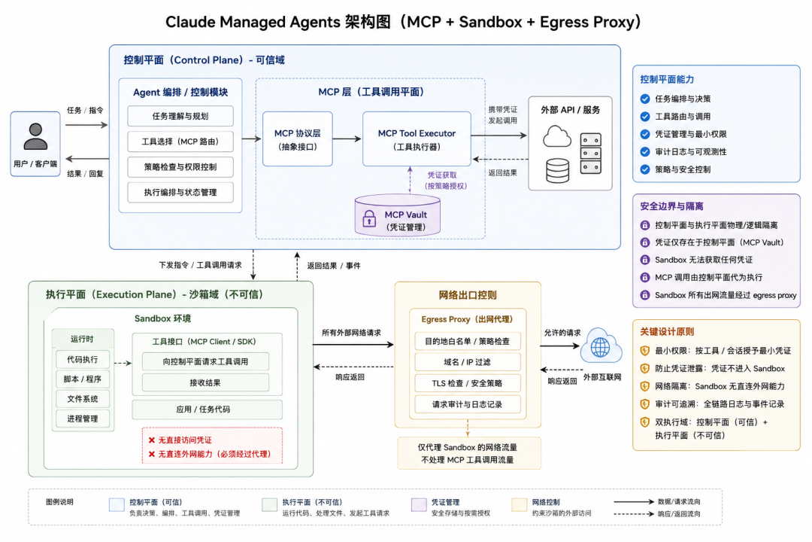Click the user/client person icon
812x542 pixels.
pyautogui.click(x=35, y=136)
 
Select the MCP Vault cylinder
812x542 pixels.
pyautogui.click(x=397, y=215)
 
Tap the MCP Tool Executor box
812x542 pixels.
pyautogui.click(x=417, y=139)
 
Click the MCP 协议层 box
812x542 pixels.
pyautogui.click(x=297, y=139)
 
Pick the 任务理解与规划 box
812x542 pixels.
pyautogui.click(x=180, y=116)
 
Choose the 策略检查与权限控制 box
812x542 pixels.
pyautogui.click(x=180, y=167)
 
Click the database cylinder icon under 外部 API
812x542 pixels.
pyautogui.click(x=558, y=171)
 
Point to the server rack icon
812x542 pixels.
pyautogui.click(x=590, y=154)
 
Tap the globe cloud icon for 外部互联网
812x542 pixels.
pyautogui.click(x=601, y=346)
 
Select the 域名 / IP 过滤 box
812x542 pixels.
pyautogui.click(x=467, y=362)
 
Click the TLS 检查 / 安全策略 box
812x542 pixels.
pyautogui.click(x=467, y=383)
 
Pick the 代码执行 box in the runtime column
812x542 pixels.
pyautogui.click(x=83, y=359)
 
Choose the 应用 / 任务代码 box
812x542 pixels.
pyautogui.click(x=208, y=410)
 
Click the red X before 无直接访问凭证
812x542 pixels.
pyautogui.click(x=152, y=440)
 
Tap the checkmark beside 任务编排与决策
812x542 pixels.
pyautogui.click(x=645, y=99)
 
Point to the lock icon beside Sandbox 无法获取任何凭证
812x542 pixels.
pyautogui.click(x=645, y=260)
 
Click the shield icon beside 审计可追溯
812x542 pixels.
pyautogui.click(x=645, y=404)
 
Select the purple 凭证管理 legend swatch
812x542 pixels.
pyautogui.click(x=419, y=504)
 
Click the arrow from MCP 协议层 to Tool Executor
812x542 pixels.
pyautogui.click(x=347, y=139)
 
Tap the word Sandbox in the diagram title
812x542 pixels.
pyautogui.click(x=490, y=22)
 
